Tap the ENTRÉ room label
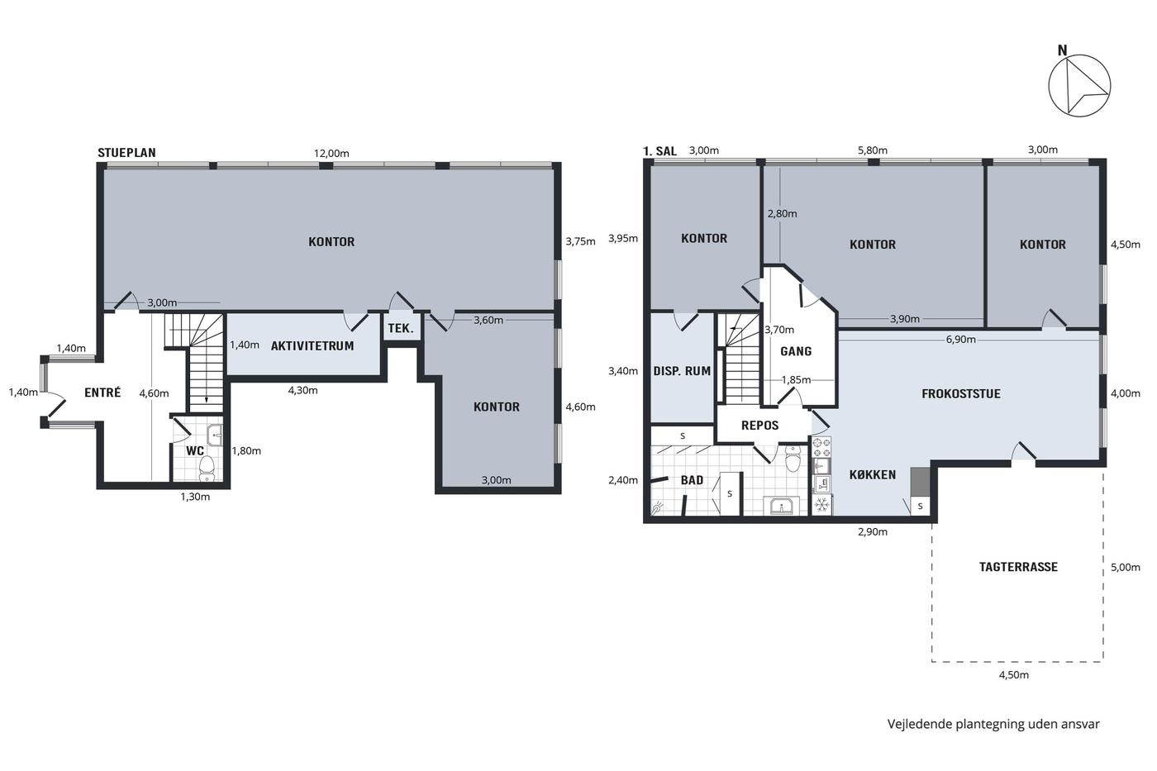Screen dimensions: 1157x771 click(102, 393)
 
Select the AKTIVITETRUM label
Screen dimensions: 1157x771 click(312, 346)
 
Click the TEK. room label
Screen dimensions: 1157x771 click(401, 328)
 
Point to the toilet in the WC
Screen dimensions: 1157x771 click(207, 466)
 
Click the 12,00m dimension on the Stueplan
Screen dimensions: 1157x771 click(331, 154)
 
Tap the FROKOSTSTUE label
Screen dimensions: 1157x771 click(960, 394)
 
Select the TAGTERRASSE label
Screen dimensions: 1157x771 click(1018, 567)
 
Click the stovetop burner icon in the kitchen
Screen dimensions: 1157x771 click(821, 448)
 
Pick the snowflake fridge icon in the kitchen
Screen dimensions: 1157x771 click(821, 504)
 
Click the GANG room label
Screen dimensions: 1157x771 click(796, 352)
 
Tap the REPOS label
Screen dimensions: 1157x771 click(759, 426)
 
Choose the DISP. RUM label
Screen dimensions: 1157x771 click(682, 371)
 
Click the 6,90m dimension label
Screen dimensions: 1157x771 click(961, 340)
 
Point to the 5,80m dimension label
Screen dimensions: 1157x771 click(873, 150)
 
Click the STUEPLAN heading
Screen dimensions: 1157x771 click(126, 153)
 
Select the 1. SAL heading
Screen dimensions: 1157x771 click(659, 151)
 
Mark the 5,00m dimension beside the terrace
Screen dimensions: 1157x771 click(1126, 568)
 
